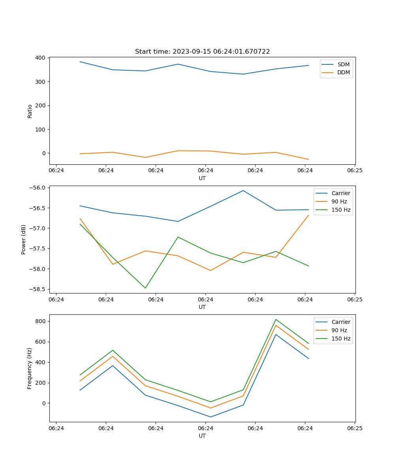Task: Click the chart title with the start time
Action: point(202,52)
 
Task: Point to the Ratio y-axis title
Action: point(30,111)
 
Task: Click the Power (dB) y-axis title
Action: point(24,239)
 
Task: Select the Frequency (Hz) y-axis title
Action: point(30,368)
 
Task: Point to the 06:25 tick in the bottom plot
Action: point(354,428)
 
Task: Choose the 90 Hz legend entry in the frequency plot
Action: point(339,330)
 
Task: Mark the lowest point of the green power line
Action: point(145,288)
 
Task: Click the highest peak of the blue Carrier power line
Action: point(243,190)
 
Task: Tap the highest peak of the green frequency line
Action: point(276,319)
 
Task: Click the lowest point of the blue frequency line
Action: point(211,417)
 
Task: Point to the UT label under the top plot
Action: point(202,178)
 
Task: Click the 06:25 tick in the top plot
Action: point(354,171)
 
